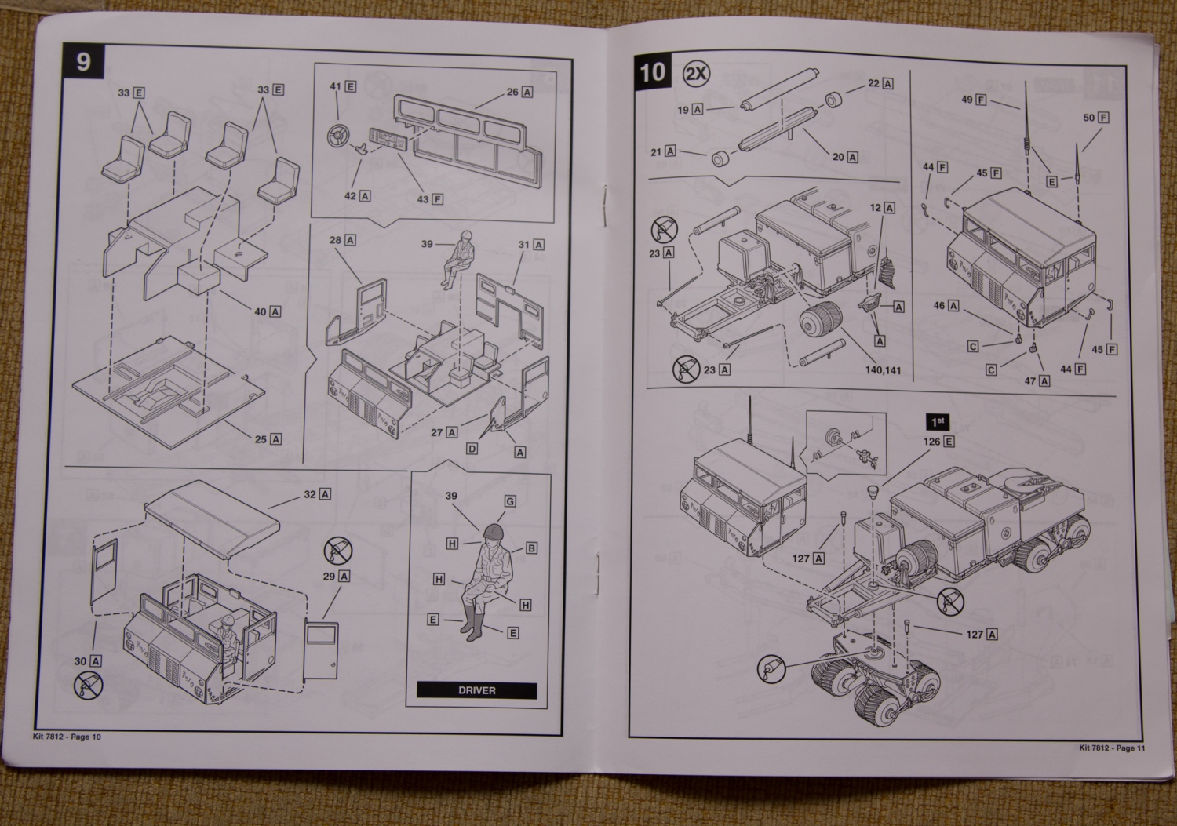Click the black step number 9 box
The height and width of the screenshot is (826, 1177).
click(x=84, y=61)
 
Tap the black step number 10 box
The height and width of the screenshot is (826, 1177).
click(x=652, y=73)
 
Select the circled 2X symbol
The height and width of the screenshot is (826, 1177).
click(x=696, y=74)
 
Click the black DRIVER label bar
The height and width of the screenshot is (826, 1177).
click(x=476, y=690)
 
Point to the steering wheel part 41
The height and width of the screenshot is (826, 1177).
click(x=337, y=137)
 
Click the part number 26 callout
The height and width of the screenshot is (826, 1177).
click(x=519, y=92)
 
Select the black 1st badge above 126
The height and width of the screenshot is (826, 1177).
click(x=938, y=422)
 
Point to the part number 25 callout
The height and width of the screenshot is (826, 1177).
click(x=268, y=439)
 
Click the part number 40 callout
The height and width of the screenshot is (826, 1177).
click(x=268, y=311)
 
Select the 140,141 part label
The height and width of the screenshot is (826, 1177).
click(x=883, y=369)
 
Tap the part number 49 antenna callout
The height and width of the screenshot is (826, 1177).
click(x=973, y=100)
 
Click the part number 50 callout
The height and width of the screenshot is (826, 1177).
click(x=1095, y=118)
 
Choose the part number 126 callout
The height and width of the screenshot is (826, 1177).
click(x=938, y=442)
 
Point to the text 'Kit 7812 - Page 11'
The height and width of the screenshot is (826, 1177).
click(x=1112, y=748)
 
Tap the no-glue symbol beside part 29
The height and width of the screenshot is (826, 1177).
click(x=338, y=551)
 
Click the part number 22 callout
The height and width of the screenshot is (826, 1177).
click(x=880, y=83)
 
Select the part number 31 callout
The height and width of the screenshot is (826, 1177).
click(x=530, y=245)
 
